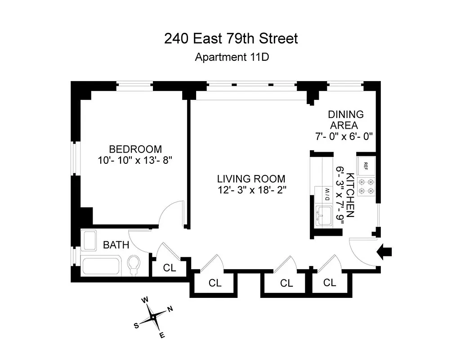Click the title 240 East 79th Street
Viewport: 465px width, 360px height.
click(x=231, y=39)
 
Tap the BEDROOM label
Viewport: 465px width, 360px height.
click(x=135, y=149)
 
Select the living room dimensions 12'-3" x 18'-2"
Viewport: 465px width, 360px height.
click(x=251, y=189)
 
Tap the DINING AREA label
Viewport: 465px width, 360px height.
click(x=345, y=120)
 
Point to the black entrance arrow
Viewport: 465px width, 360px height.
click(x=385, y=252)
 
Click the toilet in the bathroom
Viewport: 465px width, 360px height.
click(x=134, y=265)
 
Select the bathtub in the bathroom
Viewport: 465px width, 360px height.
click(x=101, y=266)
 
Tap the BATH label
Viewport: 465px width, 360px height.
click(x=116, y=245)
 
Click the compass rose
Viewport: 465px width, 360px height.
click(x=153, y=317)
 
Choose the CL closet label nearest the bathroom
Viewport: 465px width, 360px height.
click(x=169, y=268)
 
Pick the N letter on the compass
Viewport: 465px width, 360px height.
click(x=170, y=309)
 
